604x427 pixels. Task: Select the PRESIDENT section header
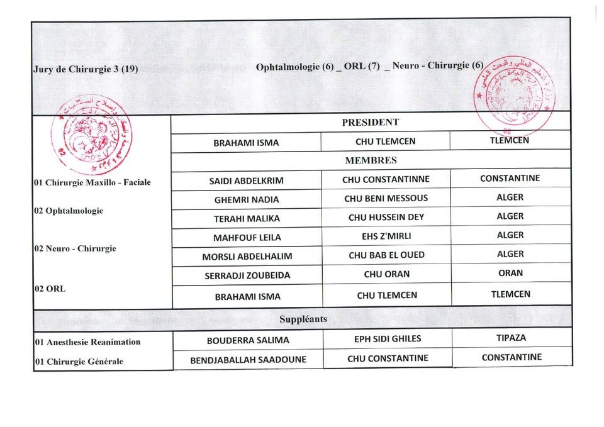[371, 123]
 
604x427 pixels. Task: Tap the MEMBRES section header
[371, 161]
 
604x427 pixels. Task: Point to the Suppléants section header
[303, 319]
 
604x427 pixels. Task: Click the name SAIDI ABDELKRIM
[246, 180]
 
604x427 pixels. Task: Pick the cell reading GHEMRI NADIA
[247, 199]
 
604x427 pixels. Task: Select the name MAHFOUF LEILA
[247, 238]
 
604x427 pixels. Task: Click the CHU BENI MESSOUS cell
[386, 198]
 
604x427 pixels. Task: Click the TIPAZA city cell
[511, 338]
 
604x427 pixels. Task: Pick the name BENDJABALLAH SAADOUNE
[249, 360]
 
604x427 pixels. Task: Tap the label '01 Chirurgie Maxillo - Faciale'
[92, 183]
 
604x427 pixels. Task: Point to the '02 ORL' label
[50, 289]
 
